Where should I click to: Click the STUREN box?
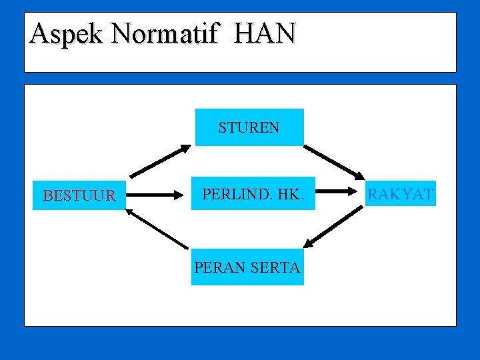(x=249, y=127)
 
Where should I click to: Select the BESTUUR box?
(x=79, y=195)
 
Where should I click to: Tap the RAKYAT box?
(x=401, y=194)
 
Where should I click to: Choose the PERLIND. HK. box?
(x=253, y=195)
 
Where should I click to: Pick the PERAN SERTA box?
(x=247, y=267)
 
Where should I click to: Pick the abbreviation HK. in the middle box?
(x=288, y=195)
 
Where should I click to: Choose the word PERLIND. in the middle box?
(x=234, y=195)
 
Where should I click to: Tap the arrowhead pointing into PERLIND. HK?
(x=179, y=195)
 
